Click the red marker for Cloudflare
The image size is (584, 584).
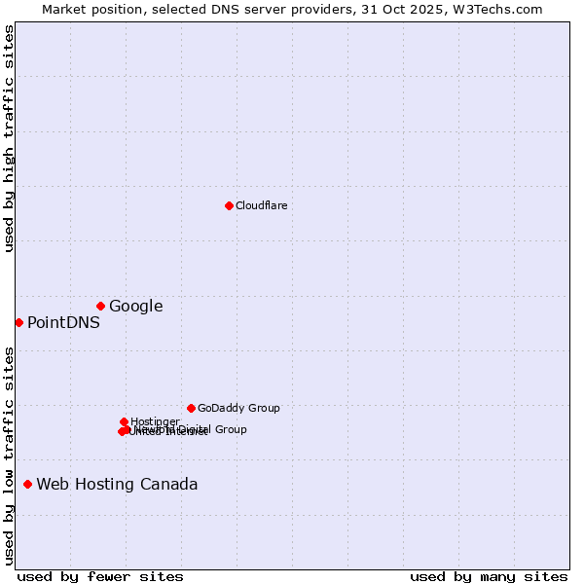(229, 205)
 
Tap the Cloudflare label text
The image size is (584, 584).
(261, 205)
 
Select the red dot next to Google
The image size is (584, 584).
(100, 306)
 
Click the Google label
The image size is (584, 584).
(135, 307)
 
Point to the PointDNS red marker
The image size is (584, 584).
(18, 322)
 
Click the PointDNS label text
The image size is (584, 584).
(63, 323)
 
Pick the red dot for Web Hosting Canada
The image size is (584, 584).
(27, 484)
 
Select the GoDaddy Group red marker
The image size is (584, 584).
(191, 408)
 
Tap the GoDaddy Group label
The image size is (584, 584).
(238, 409)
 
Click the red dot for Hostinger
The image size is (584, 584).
(124, 421)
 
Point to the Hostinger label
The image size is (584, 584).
(155, 421)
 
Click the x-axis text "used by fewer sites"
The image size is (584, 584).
(100, 576)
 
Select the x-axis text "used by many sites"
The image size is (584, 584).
(489, 576)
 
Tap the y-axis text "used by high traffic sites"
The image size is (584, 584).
(10, 138)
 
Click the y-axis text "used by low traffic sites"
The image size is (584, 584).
(10, 456)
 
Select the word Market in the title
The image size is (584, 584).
(65, 9)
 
